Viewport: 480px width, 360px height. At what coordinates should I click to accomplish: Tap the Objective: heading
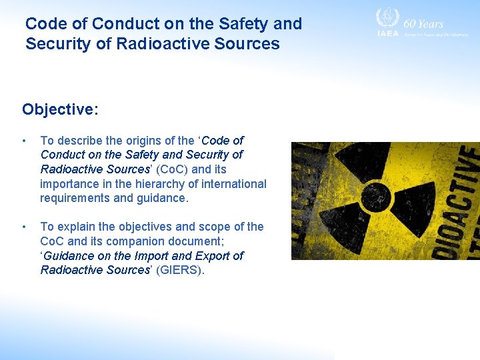tap(60, 109)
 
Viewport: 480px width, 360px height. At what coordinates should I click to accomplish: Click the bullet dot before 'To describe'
tap(25, 141)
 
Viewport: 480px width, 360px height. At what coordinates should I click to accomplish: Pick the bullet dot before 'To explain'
tap(25, 227)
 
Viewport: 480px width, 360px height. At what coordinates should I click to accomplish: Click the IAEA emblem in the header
tap(387, 21)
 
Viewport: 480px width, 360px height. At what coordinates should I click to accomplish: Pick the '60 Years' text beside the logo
tap(423, 23)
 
